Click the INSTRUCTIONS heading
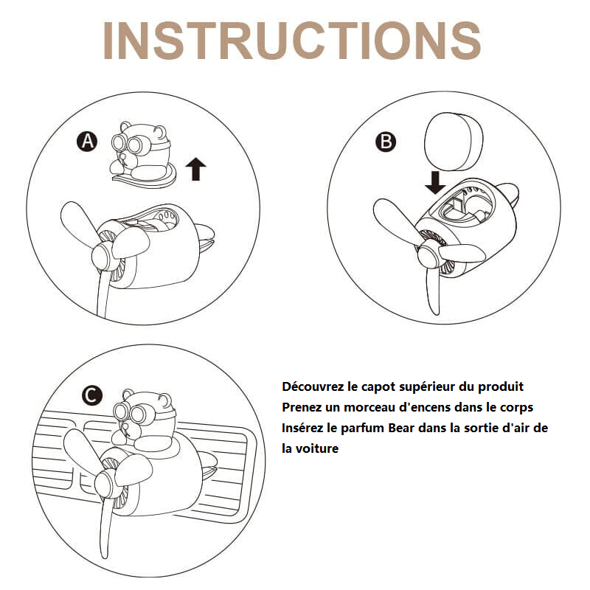pyautogui.click(x=291, y=41)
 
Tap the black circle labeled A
pyautogui.click(x=87, y=142)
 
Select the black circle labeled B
pyautogui.click(x=386, y=142)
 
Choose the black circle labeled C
pyautogui.click(x=91, y=395)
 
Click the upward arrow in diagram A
pyautogui.click(x=195, y=169)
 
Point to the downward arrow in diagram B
pyautogui.click(x=435, y=183)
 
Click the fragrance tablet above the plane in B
pyautogui.click(x=454, y=142)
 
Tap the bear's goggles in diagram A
pyautogui.click(x=127, y=144)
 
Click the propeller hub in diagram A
pyautogui.click(x=103, y=257)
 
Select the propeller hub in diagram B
pyautogui.click(x=428, y=257)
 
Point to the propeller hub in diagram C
pyautogui.click(x=105, y=485)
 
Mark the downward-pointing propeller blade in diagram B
pyautogui.click(x=433, y=290)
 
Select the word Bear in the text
pyautogui.click(x=401, y=428)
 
